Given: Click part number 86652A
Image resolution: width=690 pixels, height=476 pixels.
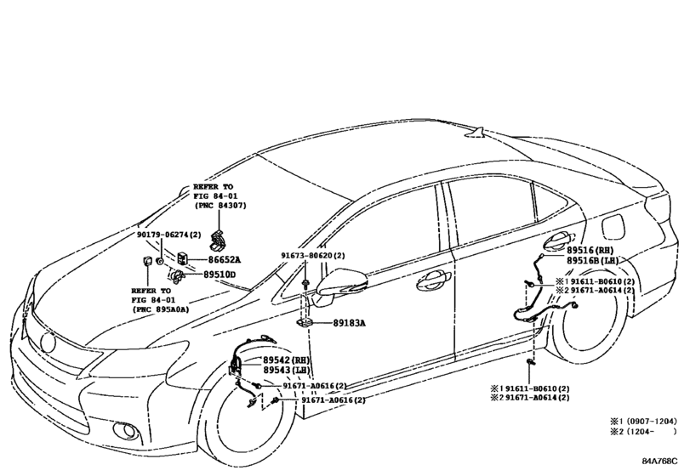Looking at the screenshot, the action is point(225,259).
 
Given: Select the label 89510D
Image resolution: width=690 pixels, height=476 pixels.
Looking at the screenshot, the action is point(220,275).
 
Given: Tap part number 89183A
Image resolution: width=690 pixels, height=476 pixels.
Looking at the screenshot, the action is point(349,323).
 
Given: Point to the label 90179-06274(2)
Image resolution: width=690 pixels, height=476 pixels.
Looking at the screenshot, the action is point(168,235).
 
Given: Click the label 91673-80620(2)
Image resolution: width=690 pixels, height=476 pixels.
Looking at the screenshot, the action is point(313,255).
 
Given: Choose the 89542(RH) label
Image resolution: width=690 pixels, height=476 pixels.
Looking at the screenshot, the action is point(287,360).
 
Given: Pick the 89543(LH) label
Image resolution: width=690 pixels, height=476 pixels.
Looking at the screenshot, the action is point(287,370).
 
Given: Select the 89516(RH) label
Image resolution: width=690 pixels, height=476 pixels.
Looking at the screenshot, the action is point(590,250).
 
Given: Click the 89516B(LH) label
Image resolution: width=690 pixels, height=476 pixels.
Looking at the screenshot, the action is point(592,261).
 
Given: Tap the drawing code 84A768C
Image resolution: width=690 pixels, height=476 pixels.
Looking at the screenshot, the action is point(659,461).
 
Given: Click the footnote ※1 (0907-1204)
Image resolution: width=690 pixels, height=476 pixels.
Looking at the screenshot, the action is point(643,421).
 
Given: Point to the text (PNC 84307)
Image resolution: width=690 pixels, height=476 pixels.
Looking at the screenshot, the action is point(220,205).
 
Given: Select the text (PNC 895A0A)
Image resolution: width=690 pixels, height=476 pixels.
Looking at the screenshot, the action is point(160,309).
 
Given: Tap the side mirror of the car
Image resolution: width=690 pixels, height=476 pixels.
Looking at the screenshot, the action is point(340,286).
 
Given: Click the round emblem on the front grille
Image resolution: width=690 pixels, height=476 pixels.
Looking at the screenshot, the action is point(48,342).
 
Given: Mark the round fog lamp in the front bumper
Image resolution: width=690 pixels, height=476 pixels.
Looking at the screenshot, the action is point(128,431).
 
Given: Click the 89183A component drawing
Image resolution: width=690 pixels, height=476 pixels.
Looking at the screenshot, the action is point(305,324).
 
